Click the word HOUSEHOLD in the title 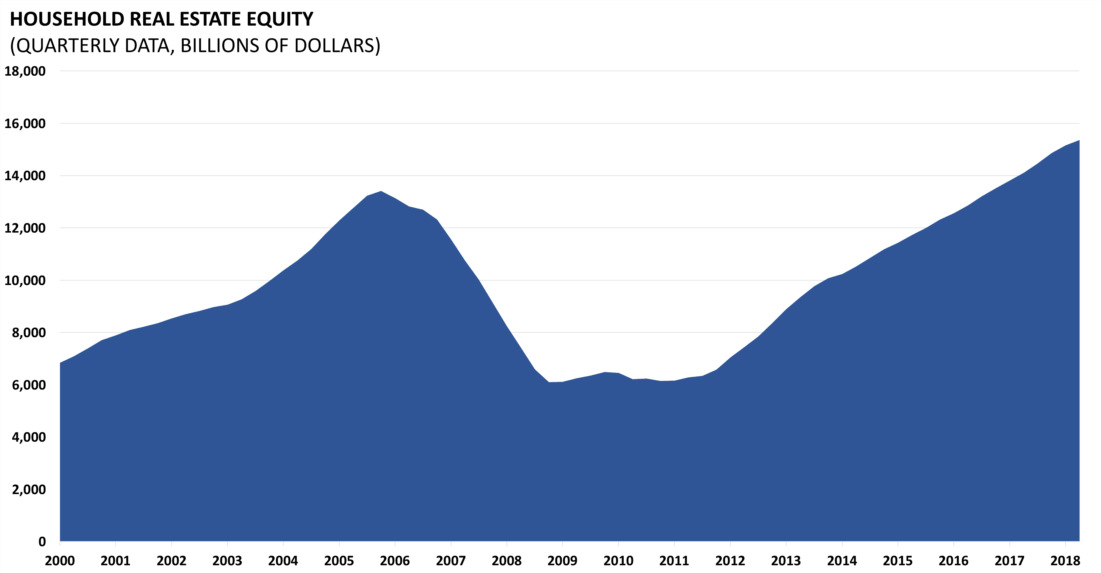point(66,20)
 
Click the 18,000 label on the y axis point(25,71)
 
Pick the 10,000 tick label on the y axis point(25,281)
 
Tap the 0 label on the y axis point(42,542)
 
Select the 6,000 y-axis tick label point(28,385)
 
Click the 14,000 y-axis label point(25,176)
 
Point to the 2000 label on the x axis point(60,560)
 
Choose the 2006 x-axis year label point(395,560)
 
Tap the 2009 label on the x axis point(563,560)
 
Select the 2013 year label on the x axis point(786,560)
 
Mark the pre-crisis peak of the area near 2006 point(381,191)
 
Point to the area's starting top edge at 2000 point(60,363)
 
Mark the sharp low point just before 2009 point(549,382)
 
